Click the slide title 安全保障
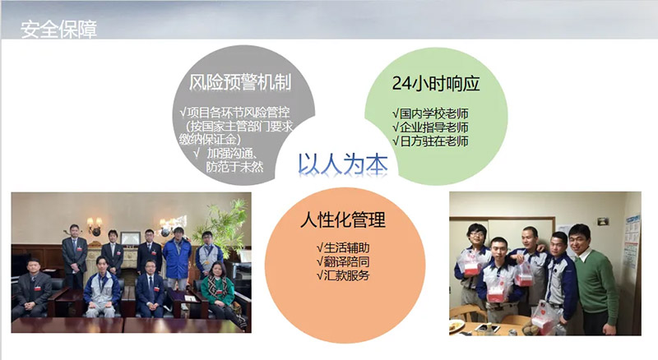coord(58,31)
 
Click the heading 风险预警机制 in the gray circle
coord(239,82)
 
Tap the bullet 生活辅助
coord(342,247)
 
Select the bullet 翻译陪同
coord(342,261)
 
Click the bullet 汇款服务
coord(342,275)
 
